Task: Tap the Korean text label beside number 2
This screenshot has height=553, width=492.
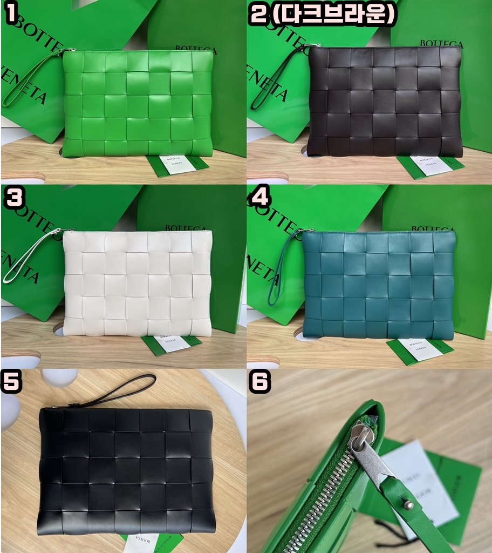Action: (x=333, y=15)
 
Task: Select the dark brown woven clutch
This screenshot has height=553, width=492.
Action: (x=384, y=102)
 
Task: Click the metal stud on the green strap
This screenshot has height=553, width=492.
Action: (x=408, y=505)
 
